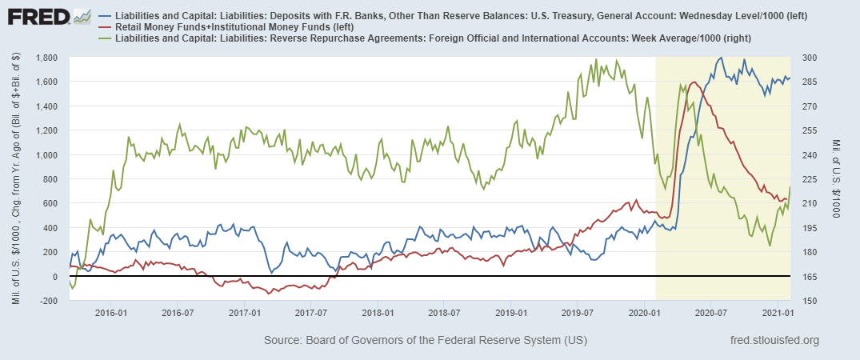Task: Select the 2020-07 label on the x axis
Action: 711,311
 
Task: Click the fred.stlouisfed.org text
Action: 775,341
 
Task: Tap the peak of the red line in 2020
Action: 693,82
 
